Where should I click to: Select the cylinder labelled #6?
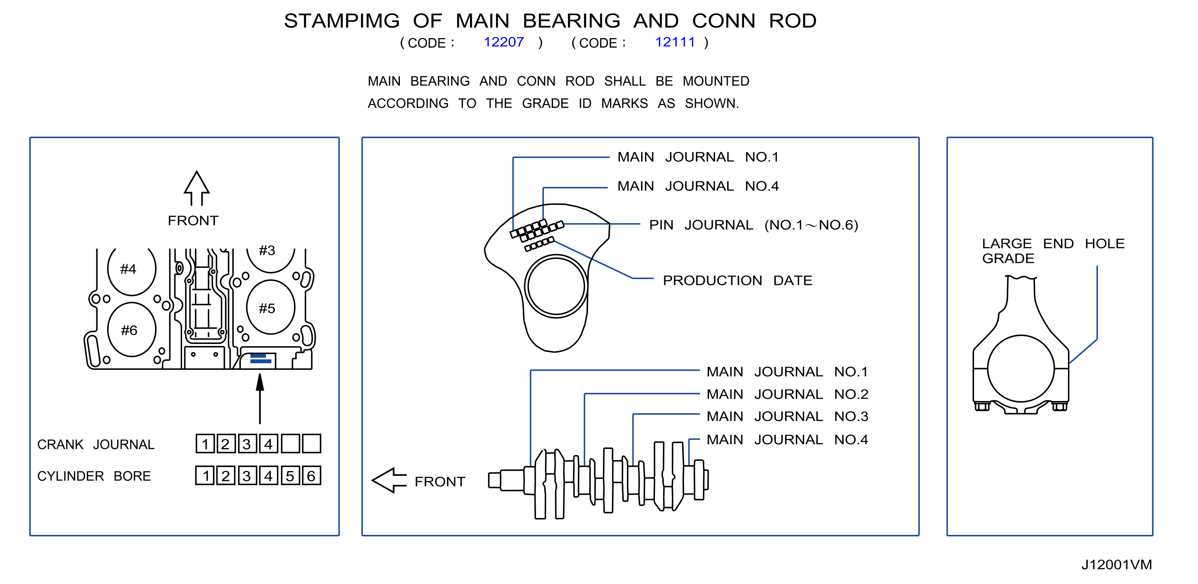pos(131,330)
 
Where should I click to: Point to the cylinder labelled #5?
pos(271,307)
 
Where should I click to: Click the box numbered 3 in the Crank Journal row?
pos(247,444)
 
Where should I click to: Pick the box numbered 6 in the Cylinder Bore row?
pos(312,475)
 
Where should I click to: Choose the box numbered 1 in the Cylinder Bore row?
pos(205,475)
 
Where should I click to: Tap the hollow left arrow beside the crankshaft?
pos(389,481)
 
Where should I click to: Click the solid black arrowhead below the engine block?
pos(260,382)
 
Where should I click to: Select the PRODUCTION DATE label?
pos(738,280)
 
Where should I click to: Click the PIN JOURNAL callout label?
pos(753,225)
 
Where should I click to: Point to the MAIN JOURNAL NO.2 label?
pos(788,394)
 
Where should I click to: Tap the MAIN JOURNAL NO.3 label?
pos(788,416)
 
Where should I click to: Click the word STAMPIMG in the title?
pos(342,21)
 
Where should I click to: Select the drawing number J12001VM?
pos(1116,564)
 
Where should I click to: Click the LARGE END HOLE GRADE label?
pos(1053,251)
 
